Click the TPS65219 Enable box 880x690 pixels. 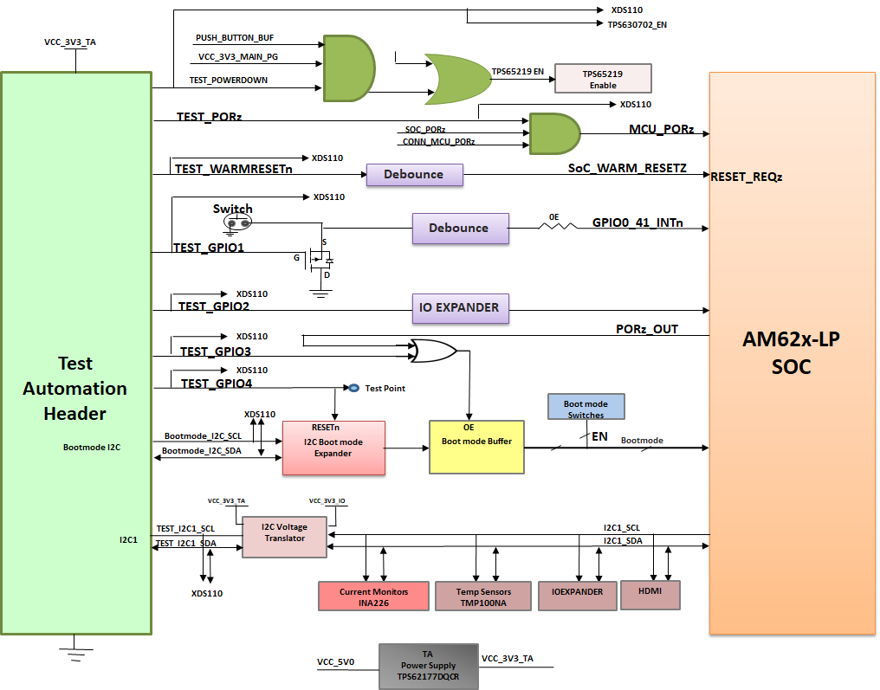click(603, 79)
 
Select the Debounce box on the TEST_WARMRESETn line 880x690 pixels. click(414, 175)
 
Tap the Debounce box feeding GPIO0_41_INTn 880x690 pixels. click(459, 228)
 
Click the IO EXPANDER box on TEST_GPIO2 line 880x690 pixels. click(459, 307)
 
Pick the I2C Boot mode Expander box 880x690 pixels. click(333, 448)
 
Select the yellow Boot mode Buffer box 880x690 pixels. click(476, 447)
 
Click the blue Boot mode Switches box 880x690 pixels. click(586, 408)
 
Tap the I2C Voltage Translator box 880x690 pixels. click(285, 537)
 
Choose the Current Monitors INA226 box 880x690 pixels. click(374, 596)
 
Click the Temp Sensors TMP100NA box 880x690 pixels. click(483, 596)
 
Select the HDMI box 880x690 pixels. click(650, 595)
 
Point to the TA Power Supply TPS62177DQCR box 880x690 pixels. click(429, 666)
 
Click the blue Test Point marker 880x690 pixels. click(353, 388)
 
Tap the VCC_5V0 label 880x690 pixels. click(335, 662)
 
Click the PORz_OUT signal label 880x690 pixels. click(646, 329)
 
